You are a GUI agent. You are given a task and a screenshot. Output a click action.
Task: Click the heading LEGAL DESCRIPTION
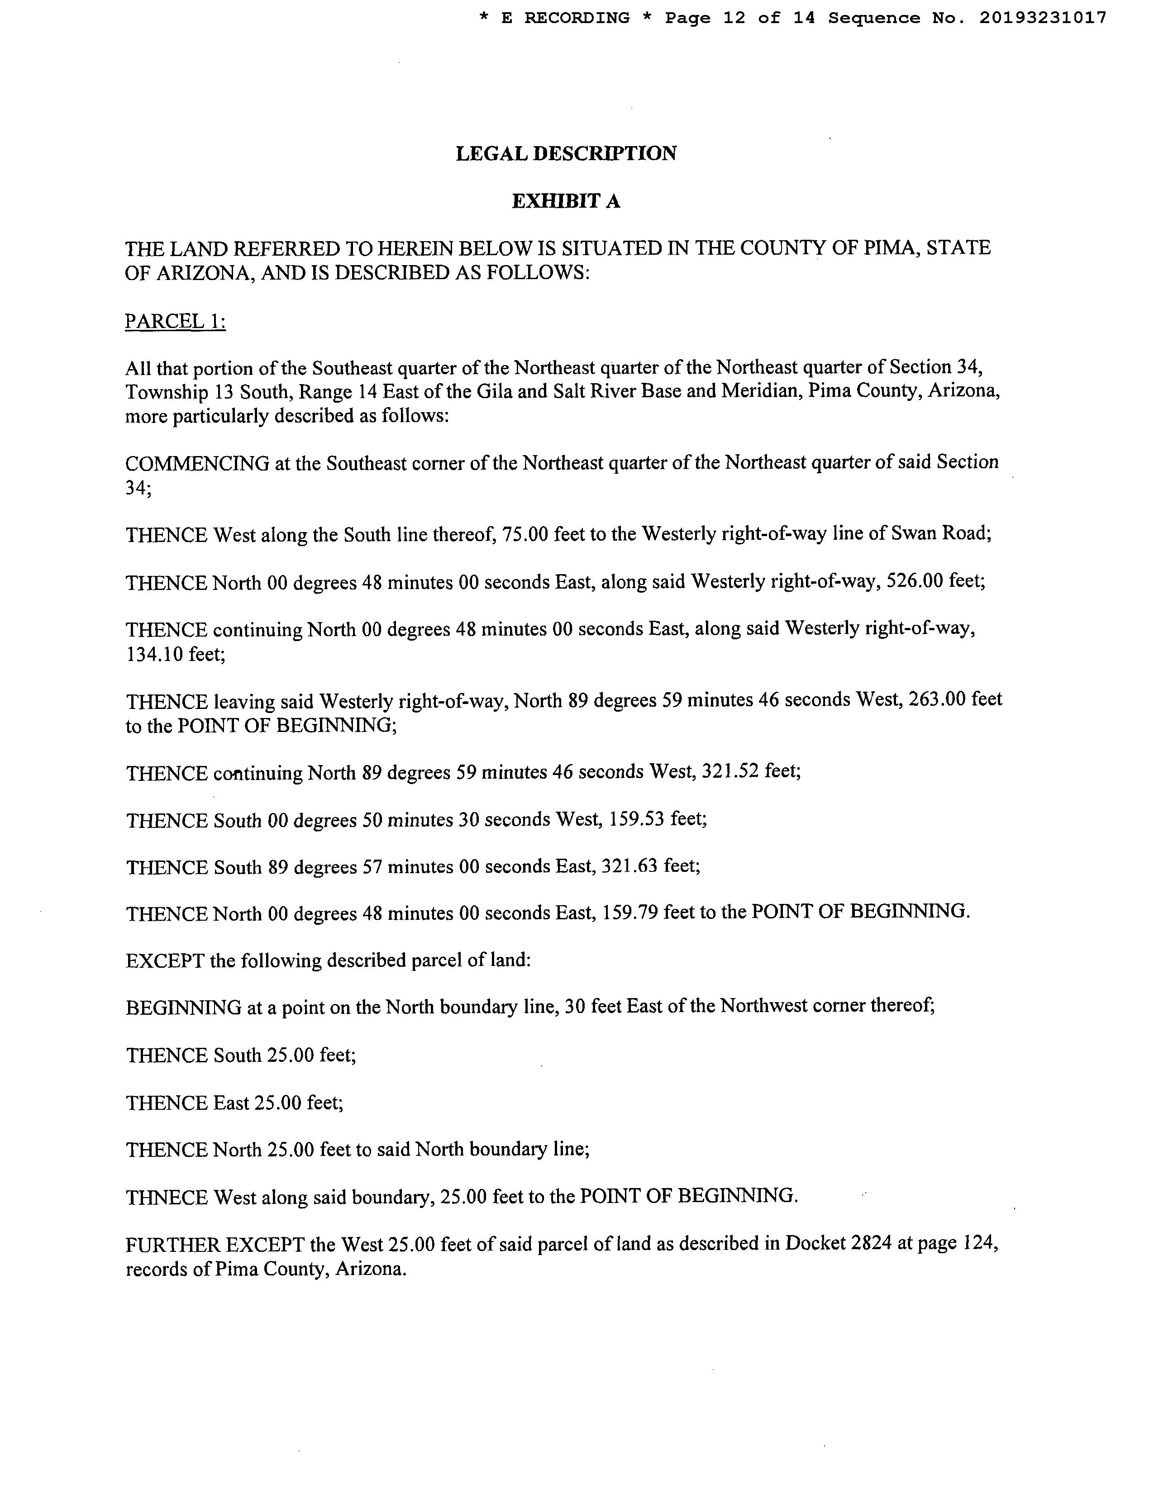(566, 154)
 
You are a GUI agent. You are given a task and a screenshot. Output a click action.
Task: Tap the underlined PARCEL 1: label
(175, 321)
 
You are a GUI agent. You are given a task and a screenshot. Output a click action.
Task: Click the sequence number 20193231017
(1042, 19)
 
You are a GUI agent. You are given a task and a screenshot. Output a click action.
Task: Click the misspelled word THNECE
(167, 1197)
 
